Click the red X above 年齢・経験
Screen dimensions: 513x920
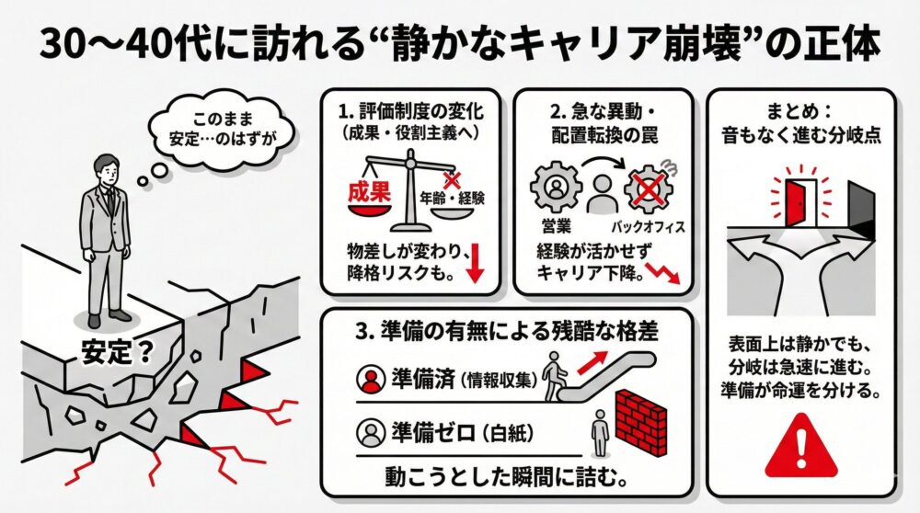(451, 180)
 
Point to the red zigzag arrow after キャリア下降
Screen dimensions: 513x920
(665, 271)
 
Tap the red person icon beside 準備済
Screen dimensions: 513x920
(374, 377)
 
